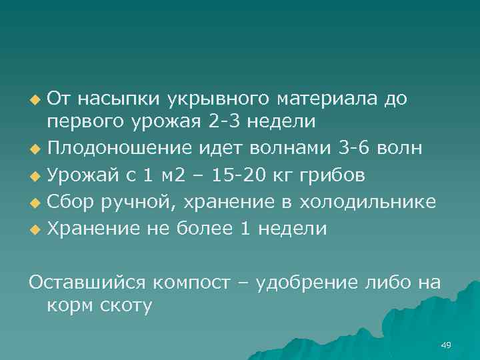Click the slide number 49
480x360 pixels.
click(446, 345)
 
